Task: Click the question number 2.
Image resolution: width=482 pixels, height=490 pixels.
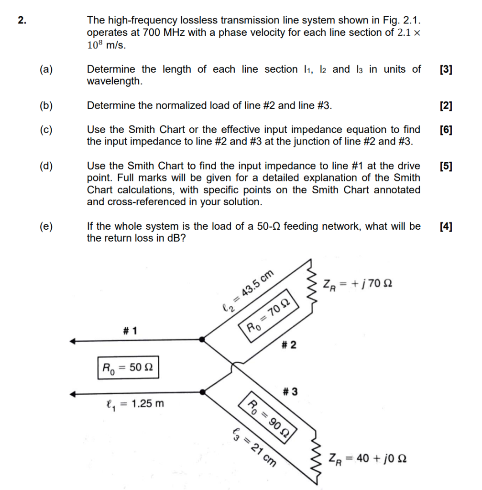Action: click(21, 21)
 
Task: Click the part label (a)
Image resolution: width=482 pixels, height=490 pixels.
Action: click(46, 70)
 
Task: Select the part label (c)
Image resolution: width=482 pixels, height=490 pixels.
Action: click(46, 130)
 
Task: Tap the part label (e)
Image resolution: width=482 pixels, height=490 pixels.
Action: click(46, 226)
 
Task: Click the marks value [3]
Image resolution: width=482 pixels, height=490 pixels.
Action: click(445, 70)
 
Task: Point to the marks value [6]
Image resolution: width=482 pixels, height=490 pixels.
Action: click(445, 130)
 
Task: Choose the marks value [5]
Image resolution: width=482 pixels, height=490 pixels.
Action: click(445, 166)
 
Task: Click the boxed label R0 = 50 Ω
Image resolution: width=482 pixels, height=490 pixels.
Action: click(128, 367)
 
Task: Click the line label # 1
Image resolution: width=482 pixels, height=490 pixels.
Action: click(129, 331)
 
